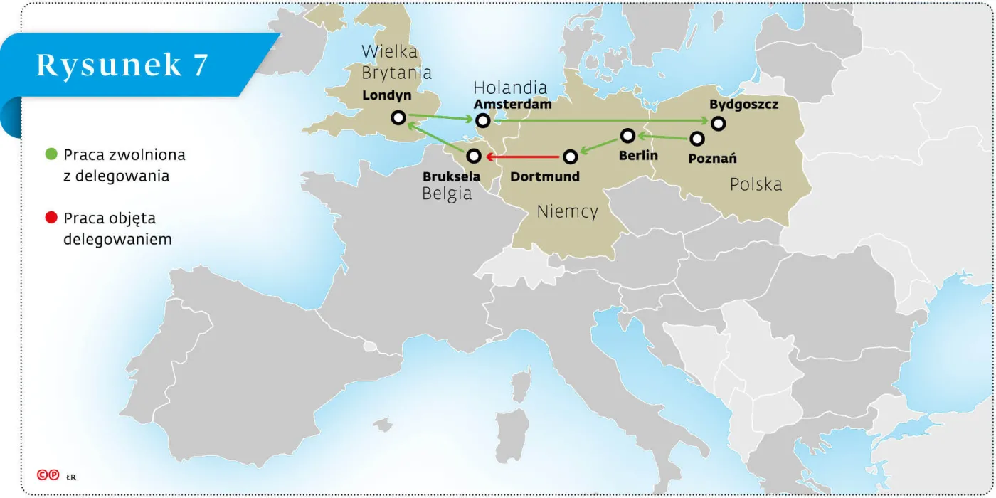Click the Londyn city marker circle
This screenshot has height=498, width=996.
(x=398, y=118)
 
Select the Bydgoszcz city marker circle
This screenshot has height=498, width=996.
(x=719, y=123)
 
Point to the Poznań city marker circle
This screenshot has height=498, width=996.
(x=697, y=139)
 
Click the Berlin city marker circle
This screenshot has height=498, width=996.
(x=627, y=135)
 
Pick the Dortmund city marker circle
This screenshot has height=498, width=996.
(x=570, y=156)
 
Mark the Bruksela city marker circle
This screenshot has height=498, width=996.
(x=474, y=156)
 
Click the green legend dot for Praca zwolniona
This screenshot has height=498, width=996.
(x=51, y=154)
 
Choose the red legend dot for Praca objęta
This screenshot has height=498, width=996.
(x=51, y=218)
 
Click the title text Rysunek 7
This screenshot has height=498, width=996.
(x=122, y=65)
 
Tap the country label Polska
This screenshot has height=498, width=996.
(x=756, y=184)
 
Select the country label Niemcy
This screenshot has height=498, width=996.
(x=567, y=211)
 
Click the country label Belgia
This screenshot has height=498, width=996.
(x=447, y=194)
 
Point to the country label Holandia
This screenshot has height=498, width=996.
(x=510, y=88)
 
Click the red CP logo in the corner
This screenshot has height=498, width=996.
(x=48, y=475)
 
